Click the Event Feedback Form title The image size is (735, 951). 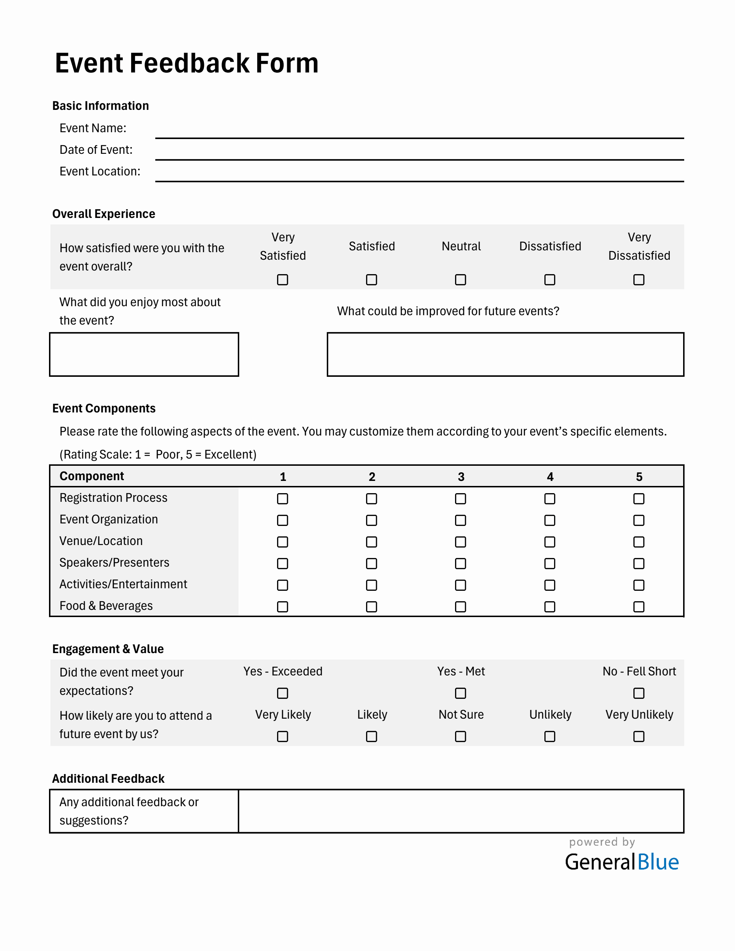coord(186,63)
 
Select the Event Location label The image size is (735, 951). coord(100,171)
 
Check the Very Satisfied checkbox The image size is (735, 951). coord(282,280)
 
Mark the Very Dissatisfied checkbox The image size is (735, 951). coord(639,280)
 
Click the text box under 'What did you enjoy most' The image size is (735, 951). coord(144,354)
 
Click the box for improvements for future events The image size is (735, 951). coord(505,354)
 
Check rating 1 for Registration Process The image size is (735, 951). coord(282,499)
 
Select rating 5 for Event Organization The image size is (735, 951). coord(639,521)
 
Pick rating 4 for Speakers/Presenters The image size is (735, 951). coord(550,563)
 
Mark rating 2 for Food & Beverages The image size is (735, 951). coord(371,607)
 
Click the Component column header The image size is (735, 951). coord(92,476)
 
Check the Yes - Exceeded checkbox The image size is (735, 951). coord(282,693)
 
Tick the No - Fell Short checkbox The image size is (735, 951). coord(639,693)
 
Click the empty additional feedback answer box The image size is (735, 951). coord(461,811)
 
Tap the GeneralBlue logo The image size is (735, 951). coord(622,862)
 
